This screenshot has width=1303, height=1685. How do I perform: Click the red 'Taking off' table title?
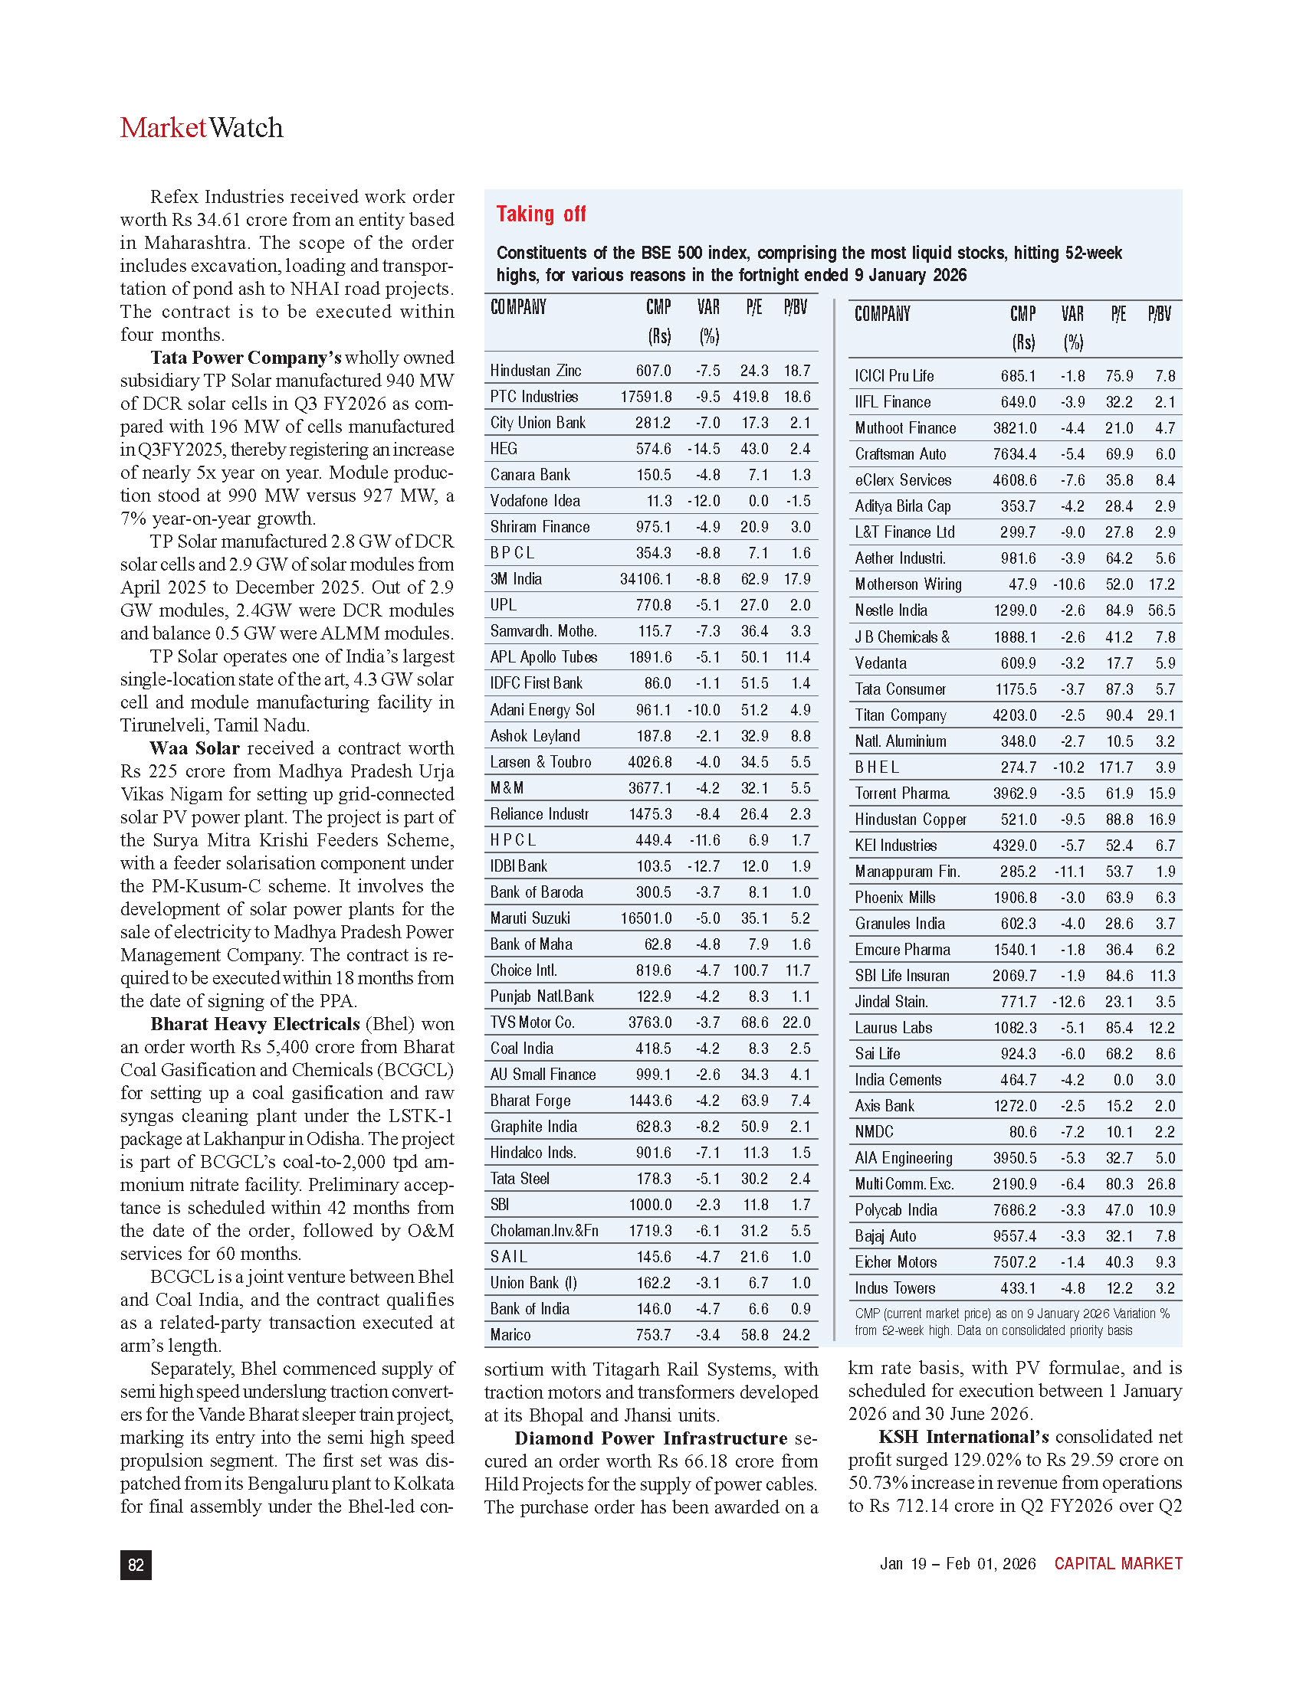coord(540,214)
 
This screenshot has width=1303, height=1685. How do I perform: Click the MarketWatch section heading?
coord(202,128)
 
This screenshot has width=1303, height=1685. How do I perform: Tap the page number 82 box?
coord(136,1564)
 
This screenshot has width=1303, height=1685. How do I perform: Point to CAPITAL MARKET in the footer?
coord(1118,1563)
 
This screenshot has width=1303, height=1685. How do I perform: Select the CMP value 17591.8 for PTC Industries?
coord(645,397)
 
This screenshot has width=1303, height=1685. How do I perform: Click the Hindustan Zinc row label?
coord(536,371)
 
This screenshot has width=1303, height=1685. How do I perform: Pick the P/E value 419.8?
coord(750,397)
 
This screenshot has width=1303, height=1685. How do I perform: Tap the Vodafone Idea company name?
coord(535,501)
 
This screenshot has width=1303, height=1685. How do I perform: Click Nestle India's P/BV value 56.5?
coord(1161,610)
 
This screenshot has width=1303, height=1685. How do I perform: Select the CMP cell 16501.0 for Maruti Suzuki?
coord(645,918)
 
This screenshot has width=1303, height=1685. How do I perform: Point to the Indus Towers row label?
coord(894,1287)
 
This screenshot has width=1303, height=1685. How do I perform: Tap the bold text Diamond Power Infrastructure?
coord(651,1438)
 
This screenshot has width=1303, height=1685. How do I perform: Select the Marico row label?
coord(510,1335)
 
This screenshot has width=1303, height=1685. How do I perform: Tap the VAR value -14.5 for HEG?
coord(703,449)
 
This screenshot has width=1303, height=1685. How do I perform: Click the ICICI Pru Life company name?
coord(894,376)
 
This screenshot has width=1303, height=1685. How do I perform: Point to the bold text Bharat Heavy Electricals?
coord(254,1024)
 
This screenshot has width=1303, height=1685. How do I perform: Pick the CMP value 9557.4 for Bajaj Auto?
coord(1014,1236)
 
